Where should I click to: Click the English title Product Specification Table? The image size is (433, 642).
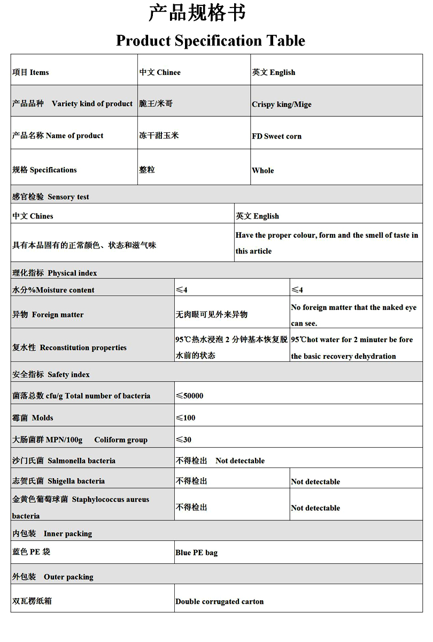211,41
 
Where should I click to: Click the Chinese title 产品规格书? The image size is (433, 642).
197,13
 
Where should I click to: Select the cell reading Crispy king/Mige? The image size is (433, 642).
282,104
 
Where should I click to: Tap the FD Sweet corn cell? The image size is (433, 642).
277,136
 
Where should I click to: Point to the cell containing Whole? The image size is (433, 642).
263,170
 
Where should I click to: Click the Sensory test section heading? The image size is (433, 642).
51,197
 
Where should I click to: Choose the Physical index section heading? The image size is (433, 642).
55,273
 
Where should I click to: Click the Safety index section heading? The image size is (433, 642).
51,374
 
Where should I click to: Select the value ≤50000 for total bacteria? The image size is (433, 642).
190,396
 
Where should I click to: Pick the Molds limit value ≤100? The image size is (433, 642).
186,418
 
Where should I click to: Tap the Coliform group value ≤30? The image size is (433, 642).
184,440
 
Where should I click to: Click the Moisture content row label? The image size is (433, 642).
53,290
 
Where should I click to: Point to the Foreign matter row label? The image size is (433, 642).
48,315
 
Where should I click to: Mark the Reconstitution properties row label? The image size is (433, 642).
69,348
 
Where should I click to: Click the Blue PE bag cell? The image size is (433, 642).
197,553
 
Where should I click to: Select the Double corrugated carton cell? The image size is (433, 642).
220,601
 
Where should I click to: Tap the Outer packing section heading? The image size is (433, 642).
53,577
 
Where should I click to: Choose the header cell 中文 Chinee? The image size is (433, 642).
160,72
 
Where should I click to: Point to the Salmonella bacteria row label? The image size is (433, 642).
64,460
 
